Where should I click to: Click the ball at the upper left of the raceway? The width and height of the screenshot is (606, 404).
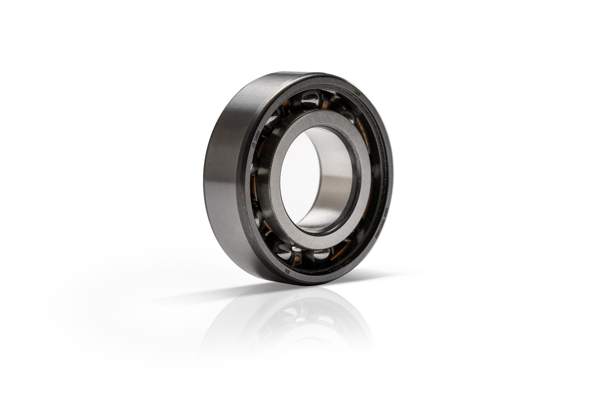(274, 120)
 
